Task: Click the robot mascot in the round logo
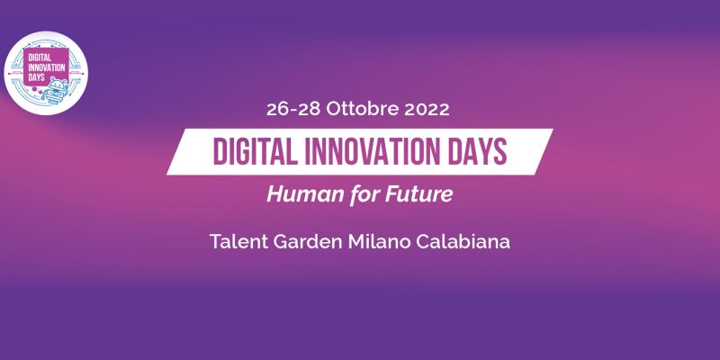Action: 56,91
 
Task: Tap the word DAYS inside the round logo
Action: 37,76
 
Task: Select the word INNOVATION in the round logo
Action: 47,67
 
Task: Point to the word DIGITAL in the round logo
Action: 40,57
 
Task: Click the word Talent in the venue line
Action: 238,241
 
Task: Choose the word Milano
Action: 379,241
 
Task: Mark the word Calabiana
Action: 463,241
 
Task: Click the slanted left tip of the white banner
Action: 167,174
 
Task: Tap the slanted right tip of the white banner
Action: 552,130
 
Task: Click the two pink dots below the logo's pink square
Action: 37,90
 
